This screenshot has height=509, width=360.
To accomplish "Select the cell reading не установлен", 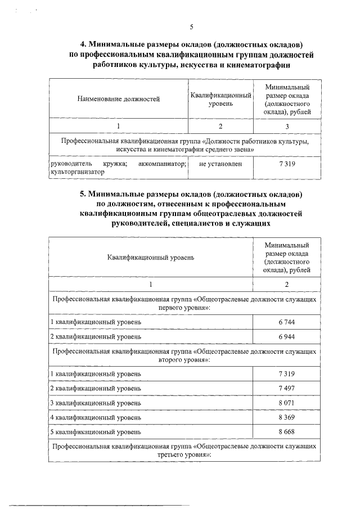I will click(220, 164).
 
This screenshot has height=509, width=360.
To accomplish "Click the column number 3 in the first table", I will click(287, 125).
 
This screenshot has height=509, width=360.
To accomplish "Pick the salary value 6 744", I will click(287, 322).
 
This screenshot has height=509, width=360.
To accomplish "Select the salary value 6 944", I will click(287, 336).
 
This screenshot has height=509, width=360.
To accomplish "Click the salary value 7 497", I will click(287, 388).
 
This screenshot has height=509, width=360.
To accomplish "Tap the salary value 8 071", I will click(287, 403).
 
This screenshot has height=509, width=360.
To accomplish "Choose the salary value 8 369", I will click(287, 417).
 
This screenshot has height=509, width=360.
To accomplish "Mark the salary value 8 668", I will click(287, 432).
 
